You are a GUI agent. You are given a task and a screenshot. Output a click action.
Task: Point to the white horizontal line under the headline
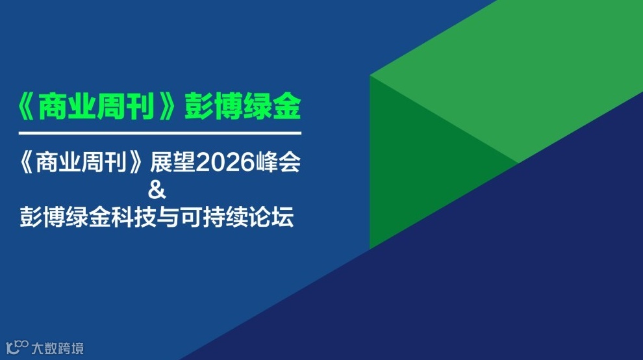pyautogui.click(x=160, y=133)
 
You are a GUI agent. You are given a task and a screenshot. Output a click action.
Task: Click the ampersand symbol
pyautogui.click(x=158, y=191)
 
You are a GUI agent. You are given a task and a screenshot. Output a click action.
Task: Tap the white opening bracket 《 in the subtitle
pyautogui.click(x=29, y=163)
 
